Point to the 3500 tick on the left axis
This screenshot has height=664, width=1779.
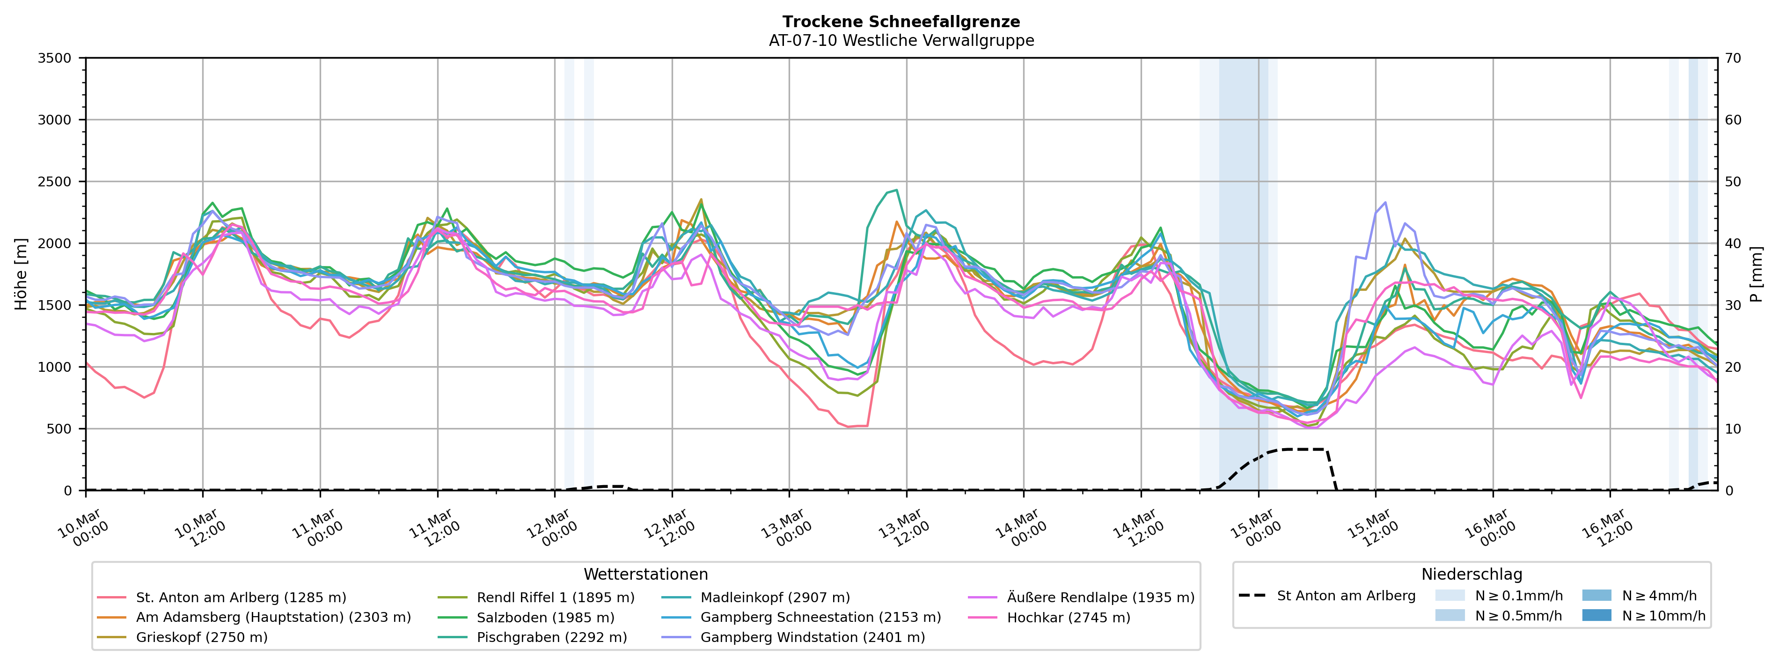coord(55,58)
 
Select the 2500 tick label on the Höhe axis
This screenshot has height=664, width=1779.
coord(55,182)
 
